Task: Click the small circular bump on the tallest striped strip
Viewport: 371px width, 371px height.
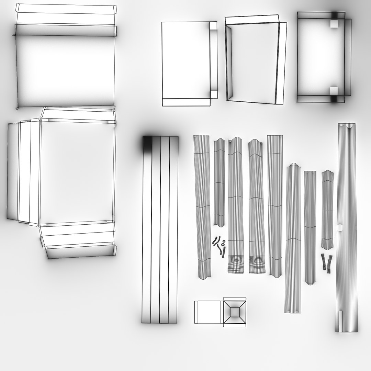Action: tap(340, 227)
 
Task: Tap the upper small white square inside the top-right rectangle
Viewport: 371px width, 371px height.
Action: tap(334, 24)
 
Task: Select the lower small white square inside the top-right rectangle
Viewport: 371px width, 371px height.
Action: tap(334, 91)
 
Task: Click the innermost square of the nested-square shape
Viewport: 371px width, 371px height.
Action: tap(235, 312)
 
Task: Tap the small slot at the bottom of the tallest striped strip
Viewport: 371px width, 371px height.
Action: tap(340, 321)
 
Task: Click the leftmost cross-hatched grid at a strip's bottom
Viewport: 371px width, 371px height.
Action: tap(236, 264)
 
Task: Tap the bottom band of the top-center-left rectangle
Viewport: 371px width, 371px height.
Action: tap(186, 102)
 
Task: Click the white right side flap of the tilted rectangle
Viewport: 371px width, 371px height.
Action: tap(281, 64)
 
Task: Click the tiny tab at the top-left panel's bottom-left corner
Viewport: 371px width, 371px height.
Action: tap(18, 108)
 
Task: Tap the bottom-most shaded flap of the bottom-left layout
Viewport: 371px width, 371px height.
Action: tap(81, 251)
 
